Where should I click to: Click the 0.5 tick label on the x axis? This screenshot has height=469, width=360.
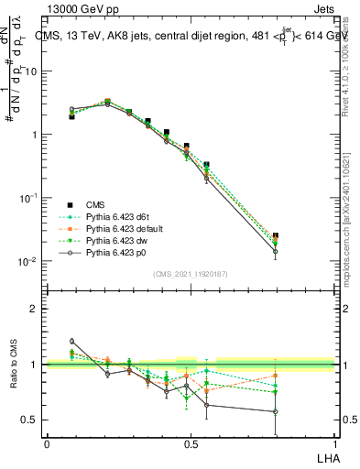click(191, 442)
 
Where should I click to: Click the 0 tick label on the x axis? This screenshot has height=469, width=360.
click(47, 442)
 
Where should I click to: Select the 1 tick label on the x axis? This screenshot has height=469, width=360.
click(334, 442)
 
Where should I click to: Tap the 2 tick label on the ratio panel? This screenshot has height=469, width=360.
click(35, 309)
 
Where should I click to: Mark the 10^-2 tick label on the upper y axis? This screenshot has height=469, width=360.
click(28, 261)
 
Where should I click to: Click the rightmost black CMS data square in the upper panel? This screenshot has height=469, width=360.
click(276, 235)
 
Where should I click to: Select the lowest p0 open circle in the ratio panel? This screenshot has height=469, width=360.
click(276, 411)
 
